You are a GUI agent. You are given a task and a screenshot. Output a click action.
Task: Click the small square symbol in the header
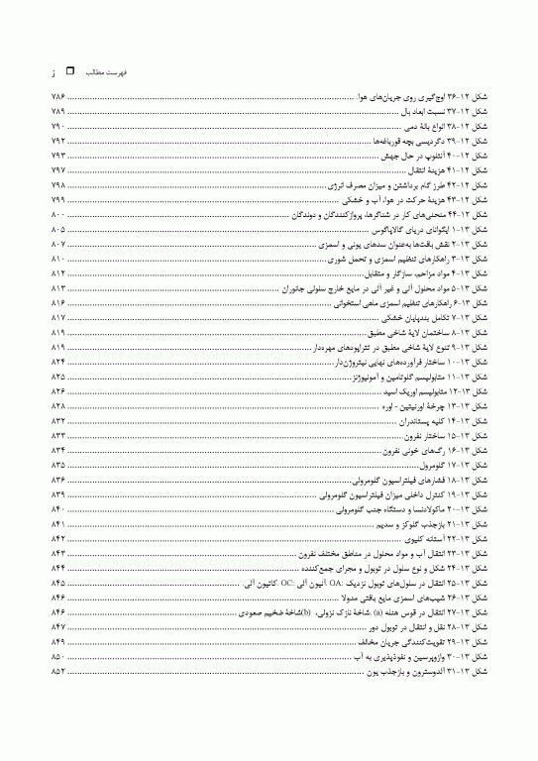(x=68, y=71)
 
